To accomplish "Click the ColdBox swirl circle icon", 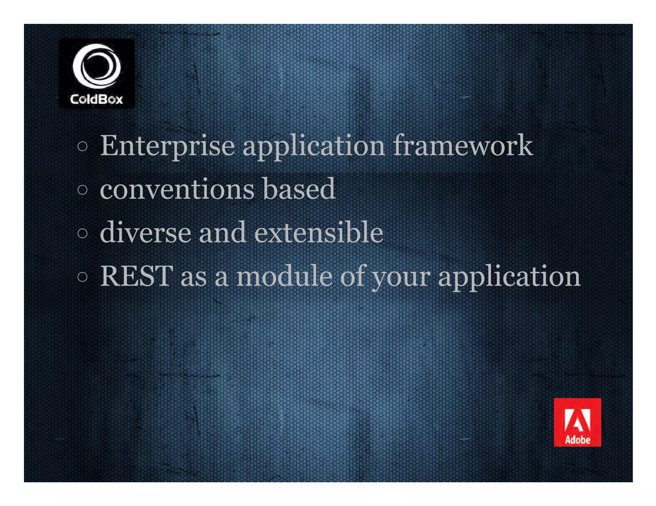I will point(96,66).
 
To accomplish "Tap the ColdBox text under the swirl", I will point(96,99).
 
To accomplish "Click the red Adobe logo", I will point(577,422).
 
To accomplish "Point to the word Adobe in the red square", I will point(578,440).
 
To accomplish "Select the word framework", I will point(463,146).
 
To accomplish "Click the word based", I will point(299,189).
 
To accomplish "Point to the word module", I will point(284,276).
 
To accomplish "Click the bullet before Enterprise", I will point(82,146).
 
